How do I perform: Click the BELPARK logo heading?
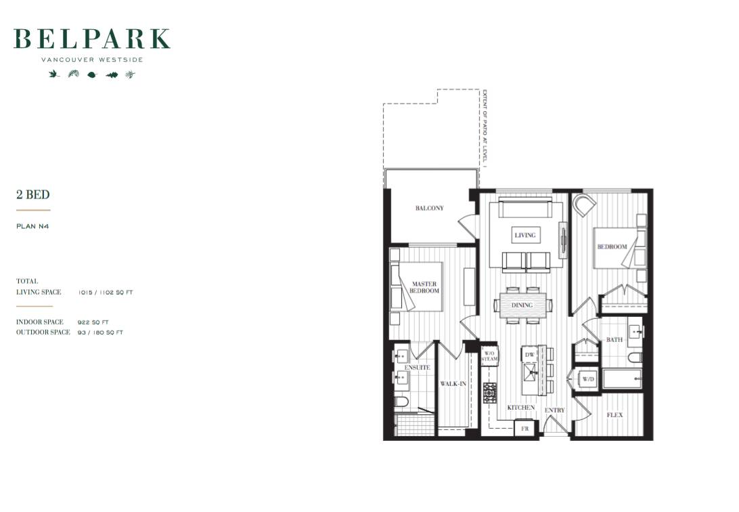(92, 39)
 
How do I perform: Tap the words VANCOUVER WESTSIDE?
(92, 60)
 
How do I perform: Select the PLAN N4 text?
(32, 226)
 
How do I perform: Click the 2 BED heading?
(33, 194)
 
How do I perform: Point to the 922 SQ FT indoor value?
(93, 322)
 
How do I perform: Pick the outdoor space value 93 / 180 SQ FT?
(100, 333)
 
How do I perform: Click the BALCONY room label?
(429, 208)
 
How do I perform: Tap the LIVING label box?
(525, 235)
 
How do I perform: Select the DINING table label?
(522, 305)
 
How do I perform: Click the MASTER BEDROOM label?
(424, 287)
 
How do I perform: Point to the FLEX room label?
(614, 415)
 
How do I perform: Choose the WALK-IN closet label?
(453, 384)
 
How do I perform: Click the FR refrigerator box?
(524, 429)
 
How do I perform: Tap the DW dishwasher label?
(530, 354)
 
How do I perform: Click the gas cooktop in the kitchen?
(490, 393)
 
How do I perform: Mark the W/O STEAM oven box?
(489, 356)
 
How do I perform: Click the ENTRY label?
(555, 410)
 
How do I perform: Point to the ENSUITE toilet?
(401, 402)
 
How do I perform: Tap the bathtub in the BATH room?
(622, 379)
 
